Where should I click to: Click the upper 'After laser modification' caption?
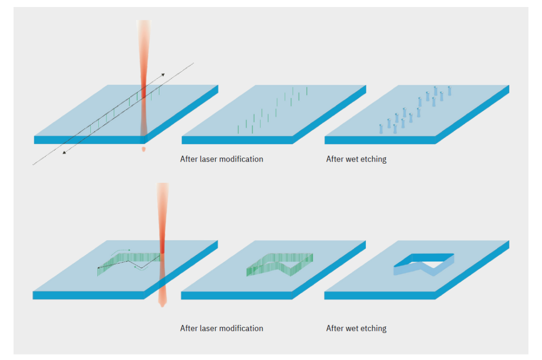(221, 159)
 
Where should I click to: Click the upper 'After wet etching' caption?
(356, 159)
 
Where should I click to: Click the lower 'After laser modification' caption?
(221, 328)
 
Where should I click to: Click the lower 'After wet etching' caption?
(356, 328)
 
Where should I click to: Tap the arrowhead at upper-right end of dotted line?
(162, 75)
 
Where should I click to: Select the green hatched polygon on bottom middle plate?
(279, 264)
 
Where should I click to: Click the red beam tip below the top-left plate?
(144, 149)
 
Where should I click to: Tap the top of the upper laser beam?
(143, 23)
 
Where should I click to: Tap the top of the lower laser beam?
(163, 185)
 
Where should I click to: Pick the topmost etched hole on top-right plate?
(449, 89)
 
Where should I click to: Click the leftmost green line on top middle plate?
(238, 130)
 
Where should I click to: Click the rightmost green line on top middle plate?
(307, 90)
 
